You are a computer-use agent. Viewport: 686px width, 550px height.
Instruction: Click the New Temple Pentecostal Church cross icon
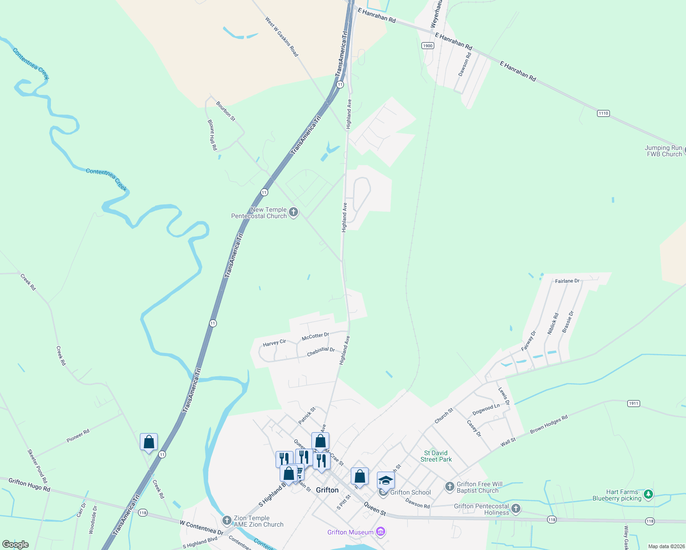[293, 212]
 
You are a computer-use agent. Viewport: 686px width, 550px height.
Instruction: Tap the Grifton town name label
[327, 490]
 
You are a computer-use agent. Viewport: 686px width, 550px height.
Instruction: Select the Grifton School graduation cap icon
[386, 480]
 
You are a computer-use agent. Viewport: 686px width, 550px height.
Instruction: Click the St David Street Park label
[436, 456]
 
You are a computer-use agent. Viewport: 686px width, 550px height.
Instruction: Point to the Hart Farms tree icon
[648, 494]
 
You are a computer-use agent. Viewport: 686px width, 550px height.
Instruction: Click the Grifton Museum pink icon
[380, 532]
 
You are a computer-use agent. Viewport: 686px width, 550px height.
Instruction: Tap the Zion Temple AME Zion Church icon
[227, 520]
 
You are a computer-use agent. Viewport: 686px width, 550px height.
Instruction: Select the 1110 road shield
[603, 113]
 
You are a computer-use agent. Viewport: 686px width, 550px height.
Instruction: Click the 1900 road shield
[427, 45]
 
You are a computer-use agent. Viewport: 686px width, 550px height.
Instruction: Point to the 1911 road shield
[633, 403]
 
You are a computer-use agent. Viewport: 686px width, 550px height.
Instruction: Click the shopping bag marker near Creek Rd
[149, 442]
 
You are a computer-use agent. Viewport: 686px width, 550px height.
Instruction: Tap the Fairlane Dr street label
[567, 281]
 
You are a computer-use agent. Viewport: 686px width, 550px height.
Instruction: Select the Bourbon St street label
[226, 111]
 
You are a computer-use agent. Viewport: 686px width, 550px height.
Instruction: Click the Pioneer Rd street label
[78, 436]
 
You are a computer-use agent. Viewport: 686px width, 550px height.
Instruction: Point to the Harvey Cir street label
[274, 343]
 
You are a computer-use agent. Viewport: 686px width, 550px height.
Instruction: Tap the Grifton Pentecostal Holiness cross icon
[516, 508]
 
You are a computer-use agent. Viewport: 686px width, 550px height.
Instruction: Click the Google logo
[15, 544]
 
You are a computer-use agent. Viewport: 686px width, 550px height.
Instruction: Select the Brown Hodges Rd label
[548, 424]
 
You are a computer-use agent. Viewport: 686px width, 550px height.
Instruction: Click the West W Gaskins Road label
[282, 37]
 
